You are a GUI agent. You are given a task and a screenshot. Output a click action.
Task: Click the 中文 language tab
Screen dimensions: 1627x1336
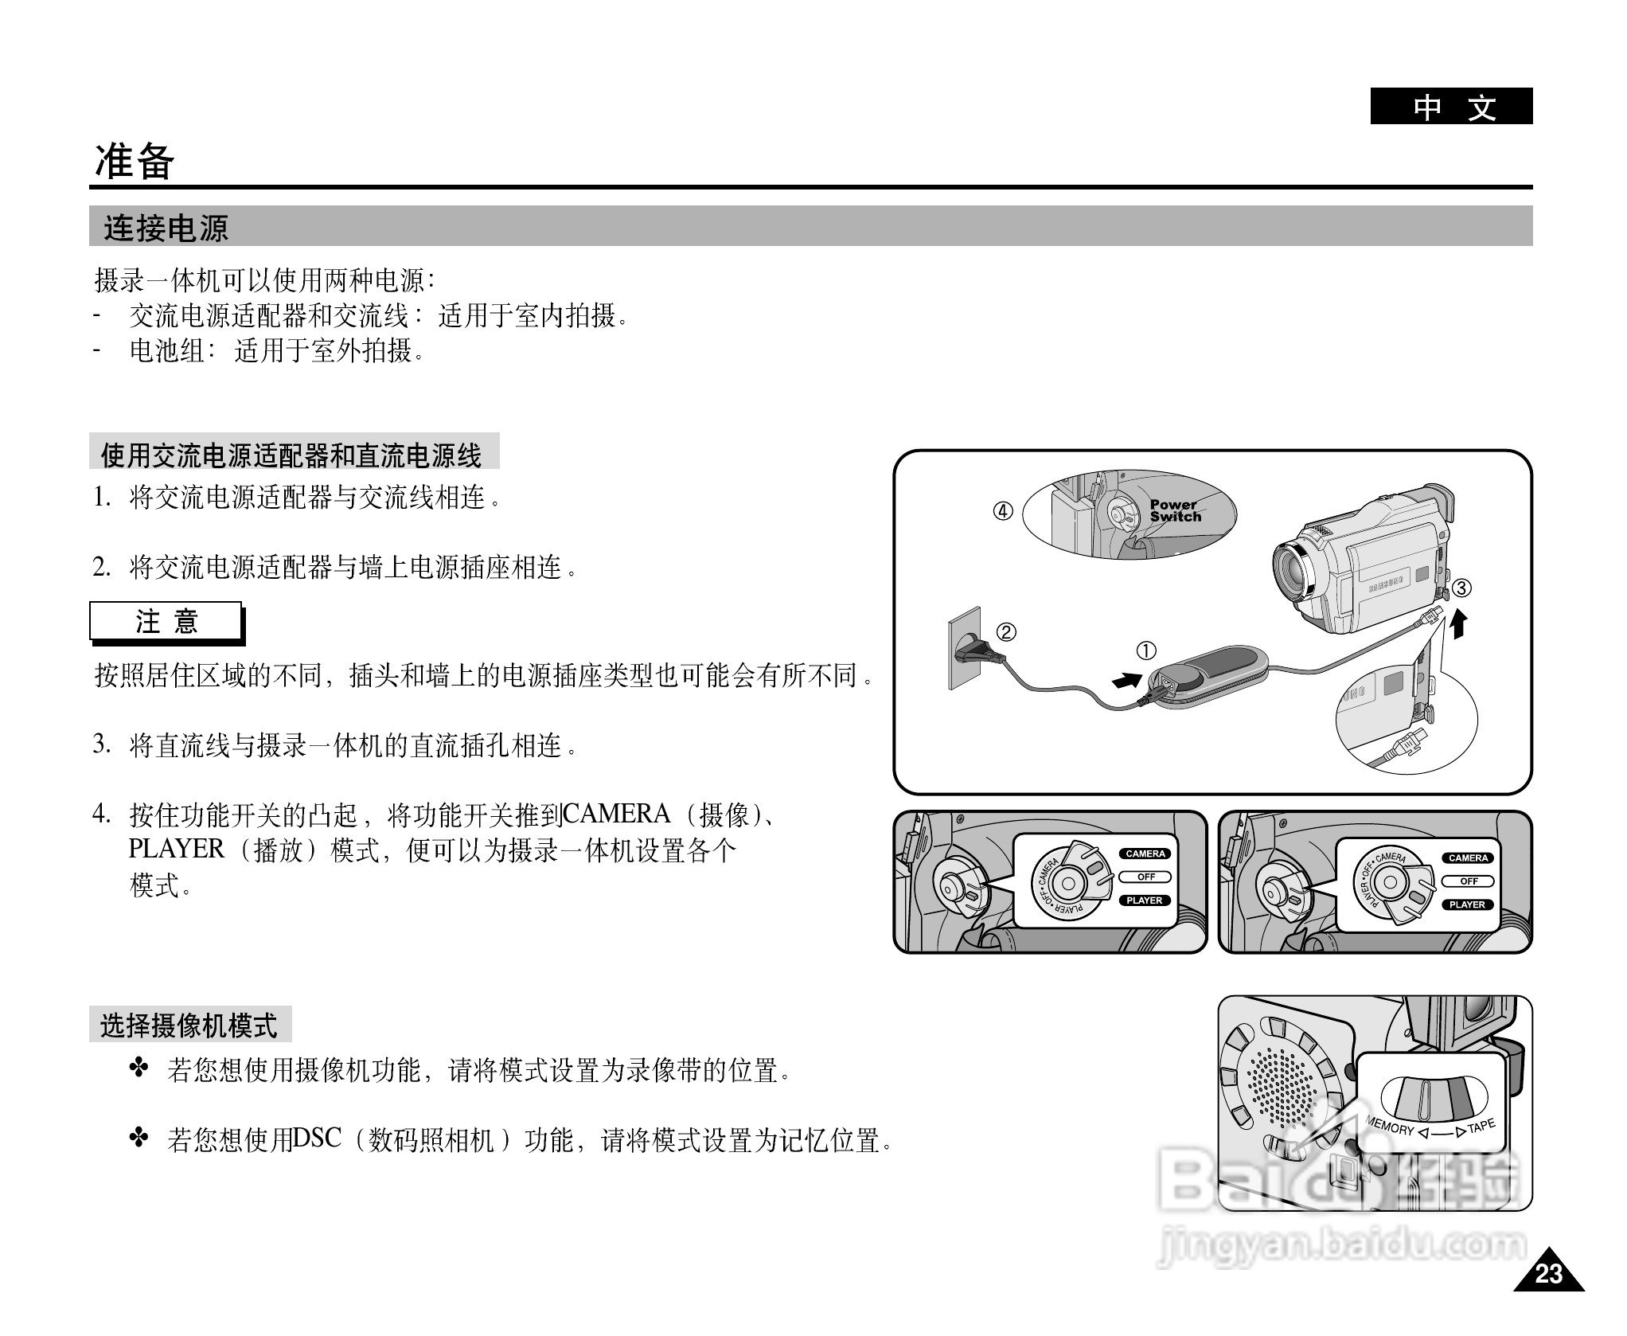[1450, 107]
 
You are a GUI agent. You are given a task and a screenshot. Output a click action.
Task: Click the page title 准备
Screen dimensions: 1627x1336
[135, 162]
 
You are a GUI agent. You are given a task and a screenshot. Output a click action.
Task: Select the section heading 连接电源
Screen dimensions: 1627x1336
[166, 229]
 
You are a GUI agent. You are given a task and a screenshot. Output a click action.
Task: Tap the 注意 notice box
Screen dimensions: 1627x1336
[166, 621]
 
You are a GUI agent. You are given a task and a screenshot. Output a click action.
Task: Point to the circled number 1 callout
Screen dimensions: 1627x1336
[1145, 651]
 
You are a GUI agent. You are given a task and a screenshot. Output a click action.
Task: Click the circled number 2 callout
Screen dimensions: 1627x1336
[1006, 632]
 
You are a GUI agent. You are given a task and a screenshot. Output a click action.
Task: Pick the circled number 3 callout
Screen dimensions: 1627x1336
[1461, 588]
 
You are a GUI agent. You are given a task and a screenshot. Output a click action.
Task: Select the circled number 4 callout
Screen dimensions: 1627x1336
[1003, 511]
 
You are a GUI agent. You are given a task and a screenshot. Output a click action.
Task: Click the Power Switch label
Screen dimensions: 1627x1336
[1175, 510]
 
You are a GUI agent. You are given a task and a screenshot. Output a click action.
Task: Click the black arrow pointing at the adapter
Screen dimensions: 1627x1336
[1126, 681]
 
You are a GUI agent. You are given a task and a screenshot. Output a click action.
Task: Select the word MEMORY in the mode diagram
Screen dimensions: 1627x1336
[1390, 1125]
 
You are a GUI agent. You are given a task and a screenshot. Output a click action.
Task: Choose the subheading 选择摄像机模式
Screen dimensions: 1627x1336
[189, 1025]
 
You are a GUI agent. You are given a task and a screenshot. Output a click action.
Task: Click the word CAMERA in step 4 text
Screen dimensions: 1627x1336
[617, 814]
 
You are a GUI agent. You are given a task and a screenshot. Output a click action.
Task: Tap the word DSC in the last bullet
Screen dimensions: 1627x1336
[317, 1139]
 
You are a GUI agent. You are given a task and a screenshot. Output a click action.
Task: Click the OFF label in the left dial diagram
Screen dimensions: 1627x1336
[1145, 877]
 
